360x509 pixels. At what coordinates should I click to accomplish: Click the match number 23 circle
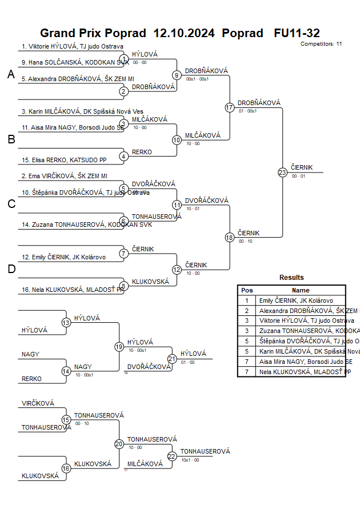[282, 173]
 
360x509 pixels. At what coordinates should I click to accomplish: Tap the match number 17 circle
[230, 107]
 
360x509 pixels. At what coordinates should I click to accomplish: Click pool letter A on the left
[11, 74]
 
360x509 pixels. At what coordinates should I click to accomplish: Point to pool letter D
[11, 269]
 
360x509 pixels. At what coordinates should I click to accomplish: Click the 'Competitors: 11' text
[321, 43]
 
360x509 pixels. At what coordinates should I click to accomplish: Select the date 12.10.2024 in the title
[184, 33]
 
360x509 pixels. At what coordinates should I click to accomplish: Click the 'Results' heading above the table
[291, 278]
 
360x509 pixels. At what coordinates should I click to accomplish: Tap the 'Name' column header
[301, 290]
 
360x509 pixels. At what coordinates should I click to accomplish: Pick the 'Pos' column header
[247, 290]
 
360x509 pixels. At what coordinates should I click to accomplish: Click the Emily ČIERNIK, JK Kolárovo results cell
[295, 300]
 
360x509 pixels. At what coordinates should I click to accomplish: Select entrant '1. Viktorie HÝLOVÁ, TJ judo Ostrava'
[73, 47]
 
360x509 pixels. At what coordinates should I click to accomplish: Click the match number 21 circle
[172, 358]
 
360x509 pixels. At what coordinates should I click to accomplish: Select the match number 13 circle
[66, 323]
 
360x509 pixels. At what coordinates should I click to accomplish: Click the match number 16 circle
[66, 468]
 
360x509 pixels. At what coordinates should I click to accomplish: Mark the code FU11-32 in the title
[297, 33]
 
